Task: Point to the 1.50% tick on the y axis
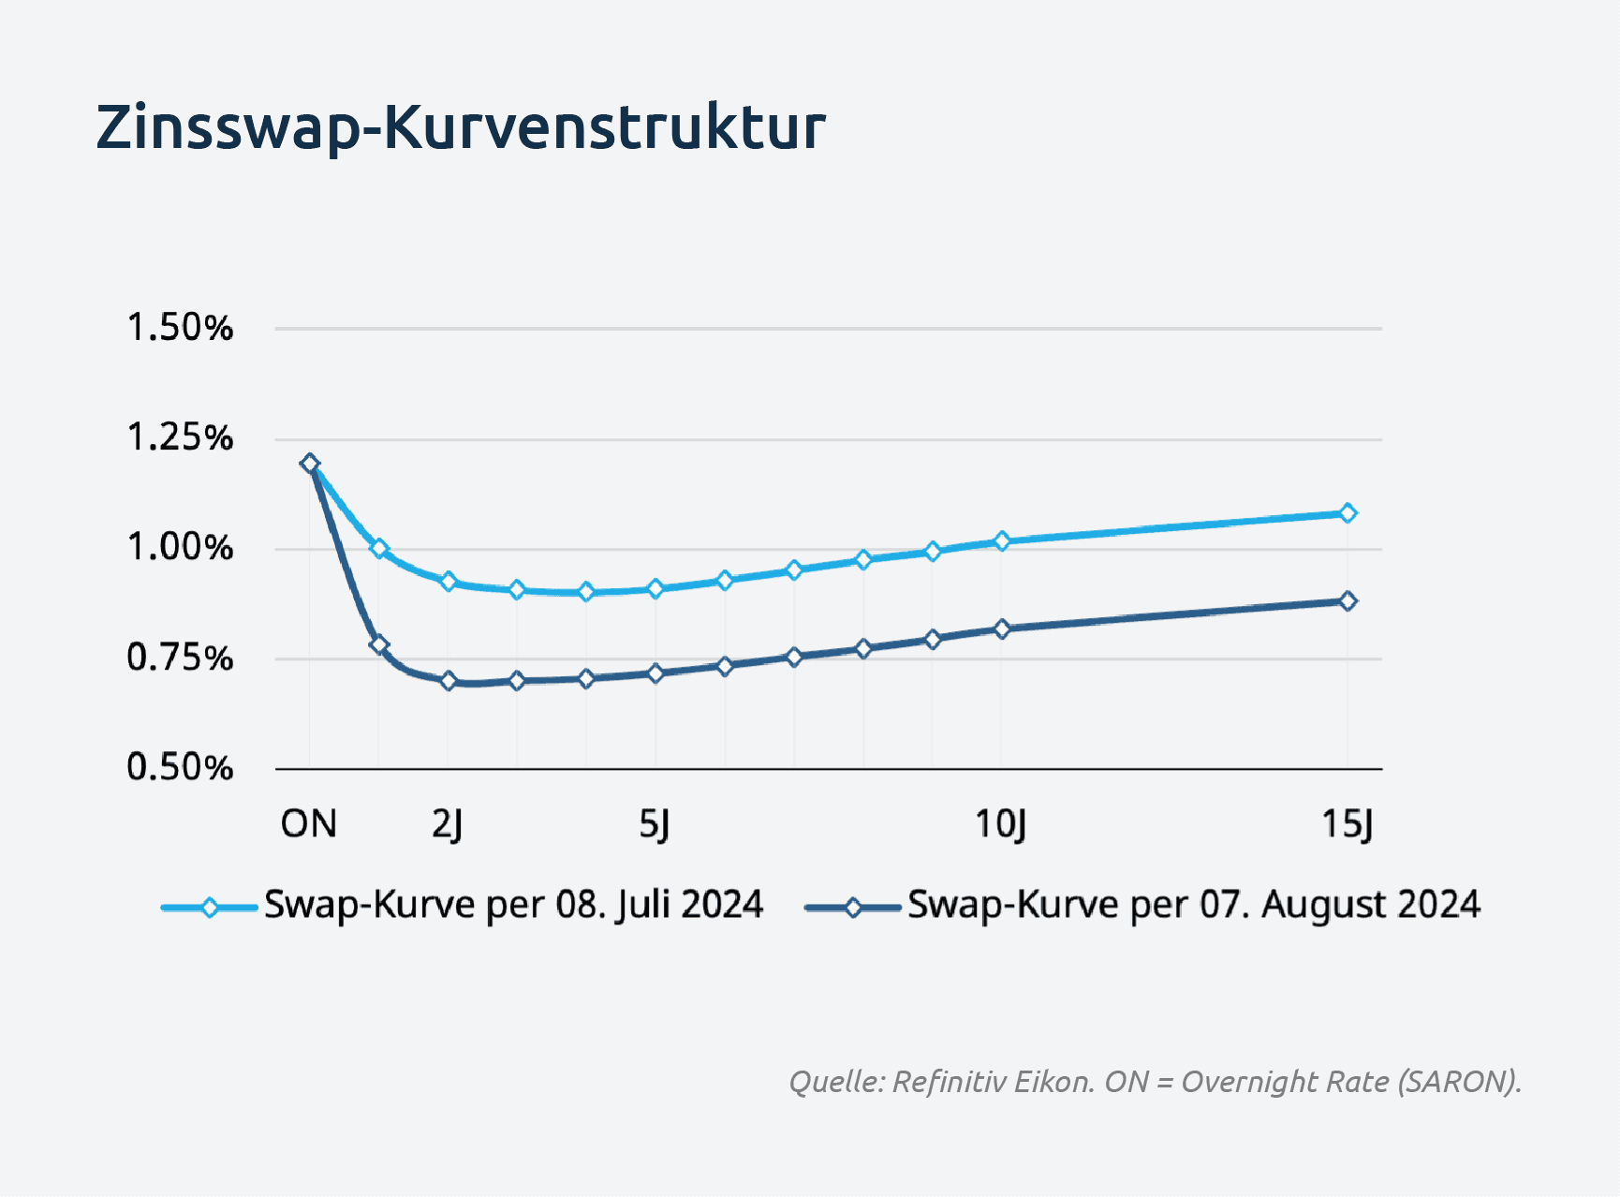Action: click(180, 328)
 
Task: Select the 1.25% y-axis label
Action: click(180, 437)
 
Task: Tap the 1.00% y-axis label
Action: click(180, 548)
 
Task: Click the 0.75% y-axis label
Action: click(180, 658)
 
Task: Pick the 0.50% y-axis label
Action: click(180, 767)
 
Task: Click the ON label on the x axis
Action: click(309, 824)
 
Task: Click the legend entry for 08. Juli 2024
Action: click(462, 906)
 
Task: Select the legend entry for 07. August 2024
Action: click(1142, 906)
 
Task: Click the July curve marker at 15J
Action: click(1348, 512)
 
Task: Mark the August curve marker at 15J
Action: click(1348, 600)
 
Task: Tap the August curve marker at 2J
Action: click(448, 681)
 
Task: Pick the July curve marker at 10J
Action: click(1002, 540)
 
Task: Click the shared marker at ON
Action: click(310, 463)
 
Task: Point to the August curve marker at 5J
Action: click(655, 672)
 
